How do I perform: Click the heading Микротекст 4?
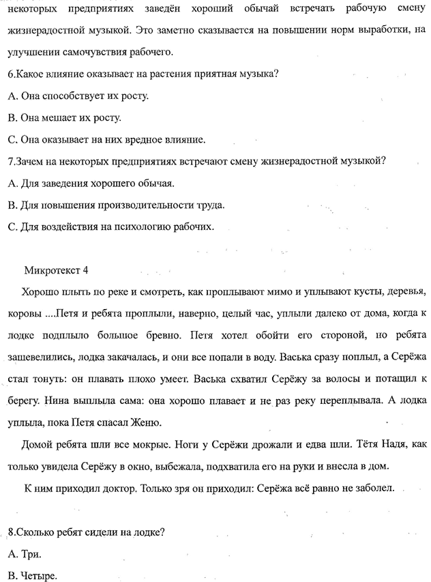point(56,269)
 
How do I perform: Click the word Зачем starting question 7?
point(27,162)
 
